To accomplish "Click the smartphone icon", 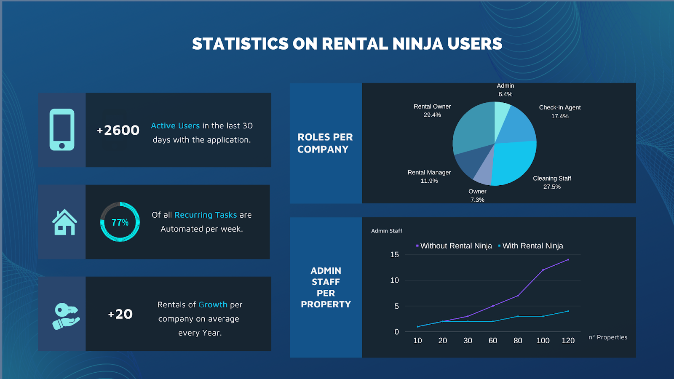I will pyautogui.click(x=62, y=130).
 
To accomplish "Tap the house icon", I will pyautogui.click(x=64, y=222).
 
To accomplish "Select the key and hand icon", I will pyautogui.click(x=66, y=316).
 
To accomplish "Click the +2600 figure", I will pyautogui.click(x=118, y=130).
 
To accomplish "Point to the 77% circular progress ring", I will pyautogui.click(x=120, y=222).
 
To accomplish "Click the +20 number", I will pyautogui.click(x=120, y=314).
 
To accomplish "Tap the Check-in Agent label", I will pyautogui.click(x=560, y=112).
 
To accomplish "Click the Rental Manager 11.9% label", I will pyautogui.click(x=429, y=176).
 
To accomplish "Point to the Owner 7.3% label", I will pyautogui.click(x=477, y=195).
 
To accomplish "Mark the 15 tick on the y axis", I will pyautogui.click(x=394, y=254).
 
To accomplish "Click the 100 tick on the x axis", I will pyautogui.click(x=543, y=341).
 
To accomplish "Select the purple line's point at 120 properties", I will pyautogui.click(x=568, y=260).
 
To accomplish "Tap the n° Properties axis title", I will pyautogui.click(x=608, y=337).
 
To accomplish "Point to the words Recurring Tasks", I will pyautogui.click(x=206, y=215).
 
